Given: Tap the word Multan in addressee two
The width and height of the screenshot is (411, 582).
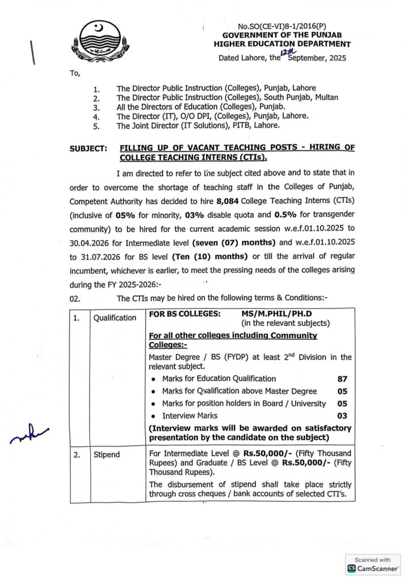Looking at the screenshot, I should [x=325, y=97].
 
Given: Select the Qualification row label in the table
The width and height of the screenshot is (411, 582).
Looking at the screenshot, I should [x=115, y=318].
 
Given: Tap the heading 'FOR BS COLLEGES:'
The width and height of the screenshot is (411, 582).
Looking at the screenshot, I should [x=182, y=313].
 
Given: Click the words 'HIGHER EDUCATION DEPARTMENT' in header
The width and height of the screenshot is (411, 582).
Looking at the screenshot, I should [x=282, y=44].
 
